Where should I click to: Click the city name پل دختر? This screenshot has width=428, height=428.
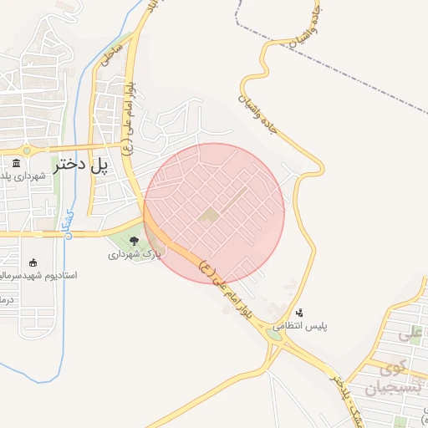coord(81,166)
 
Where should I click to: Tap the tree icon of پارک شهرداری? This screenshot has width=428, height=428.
coord(134,241)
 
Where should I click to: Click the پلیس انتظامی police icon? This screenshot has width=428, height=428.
coord(300,312)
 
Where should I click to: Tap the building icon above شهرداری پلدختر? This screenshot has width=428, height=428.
coord(17,164)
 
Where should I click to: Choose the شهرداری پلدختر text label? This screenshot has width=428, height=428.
coord(25,177)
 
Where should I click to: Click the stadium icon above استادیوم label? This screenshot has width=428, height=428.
coord(33,262)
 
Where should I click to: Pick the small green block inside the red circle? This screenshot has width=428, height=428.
coord(209,217)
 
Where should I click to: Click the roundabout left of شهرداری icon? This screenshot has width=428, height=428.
coord(27,150)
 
